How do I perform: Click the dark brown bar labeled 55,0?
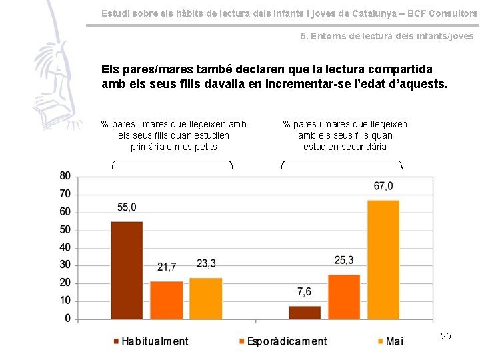pyautogui.click(x=127, y=270)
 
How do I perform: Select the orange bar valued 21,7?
pyautogui.click(x=166, y=300)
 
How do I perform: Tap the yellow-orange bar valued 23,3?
pyautogui.click(x=206, y=299)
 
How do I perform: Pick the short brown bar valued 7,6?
pyautogui.click(x=305, y=312)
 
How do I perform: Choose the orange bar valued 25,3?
pyautogui.click(x=344, y=297)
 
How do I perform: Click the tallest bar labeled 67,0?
pyautogui.click(x=383, y=259)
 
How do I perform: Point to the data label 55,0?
pyautogui.click(x=127, y=208)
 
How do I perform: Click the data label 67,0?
pyautogui.click(x=383, y=186)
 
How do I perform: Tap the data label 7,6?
pyautogui.click(x=304, y=292)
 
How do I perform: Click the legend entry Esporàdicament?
pyautogui.click(x=287, y=341)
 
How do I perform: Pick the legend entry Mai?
pyautogui.click(x=394, y=341)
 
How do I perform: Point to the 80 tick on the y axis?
pyautogui.click(x=65, y=176)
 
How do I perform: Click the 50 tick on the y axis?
pyautogui.click(x=65, y=230)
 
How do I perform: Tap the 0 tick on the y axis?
pyautogui.click(x=67, y=319)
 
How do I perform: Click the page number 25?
pyautogui.click(x=446, y=336)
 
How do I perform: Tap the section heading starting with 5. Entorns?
pyautogui.click(x=387, y=36)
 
